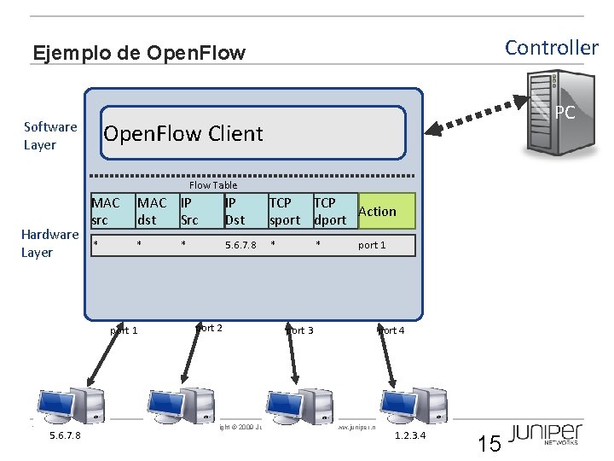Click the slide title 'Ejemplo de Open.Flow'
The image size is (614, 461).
click(x=138, y=53)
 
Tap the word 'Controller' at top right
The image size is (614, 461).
click(x=551, y=47)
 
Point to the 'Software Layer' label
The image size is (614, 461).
click(x=50, y=136)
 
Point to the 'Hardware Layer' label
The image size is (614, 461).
click(x=49, y=243)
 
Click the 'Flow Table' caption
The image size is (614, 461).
click(x=213, y=184)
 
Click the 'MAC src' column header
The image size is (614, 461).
click(x=107, y=211)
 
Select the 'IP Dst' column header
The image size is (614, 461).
click(x=235, y=211)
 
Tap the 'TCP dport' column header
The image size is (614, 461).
click(x=330, y=211)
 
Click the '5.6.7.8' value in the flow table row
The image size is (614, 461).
click(x=240, y=245)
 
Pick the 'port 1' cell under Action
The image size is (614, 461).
click(x=372, y=245)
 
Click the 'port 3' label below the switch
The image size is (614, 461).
click(x=299, y=330)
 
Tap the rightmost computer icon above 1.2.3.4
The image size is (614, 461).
click(x=407, y=406)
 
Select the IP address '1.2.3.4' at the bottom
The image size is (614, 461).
click(x=409, y=436)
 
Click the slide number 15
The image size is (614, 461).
click(x=489, y=443)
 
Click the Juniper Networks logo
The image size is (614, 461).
click(x=546, y=434)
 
